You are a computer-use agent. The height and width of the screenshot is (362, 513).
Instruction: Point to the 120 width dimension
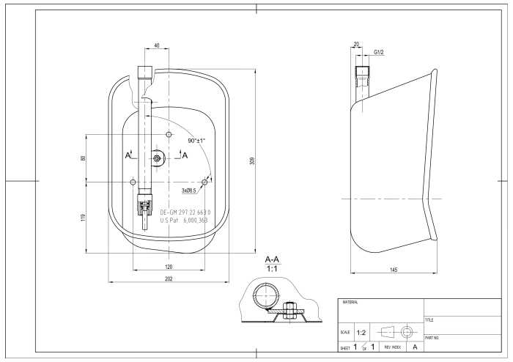tap(168, 267)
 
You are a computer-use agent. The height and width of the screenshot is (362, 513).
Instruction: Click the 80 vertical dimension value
tap(84, 158)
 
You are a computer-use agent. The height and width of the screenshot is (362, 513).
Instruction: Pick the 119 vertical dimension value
tap(84, 218)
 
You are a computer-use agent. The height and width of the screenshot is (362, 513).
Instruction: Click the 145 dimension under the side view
tap(394, 270)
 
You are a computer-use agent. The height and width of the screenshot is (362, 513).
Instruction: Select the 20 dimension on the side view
tap(356, 45)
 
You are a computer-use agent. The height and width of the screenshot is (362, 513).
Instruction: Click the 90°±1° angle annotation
tap(196, 139)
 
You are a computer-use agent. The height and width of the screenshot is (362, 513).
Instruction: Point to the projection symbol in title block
tap(397, 332)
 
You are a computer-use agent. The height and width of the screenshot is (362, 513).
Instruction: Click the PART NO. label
tap(432, 338)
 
